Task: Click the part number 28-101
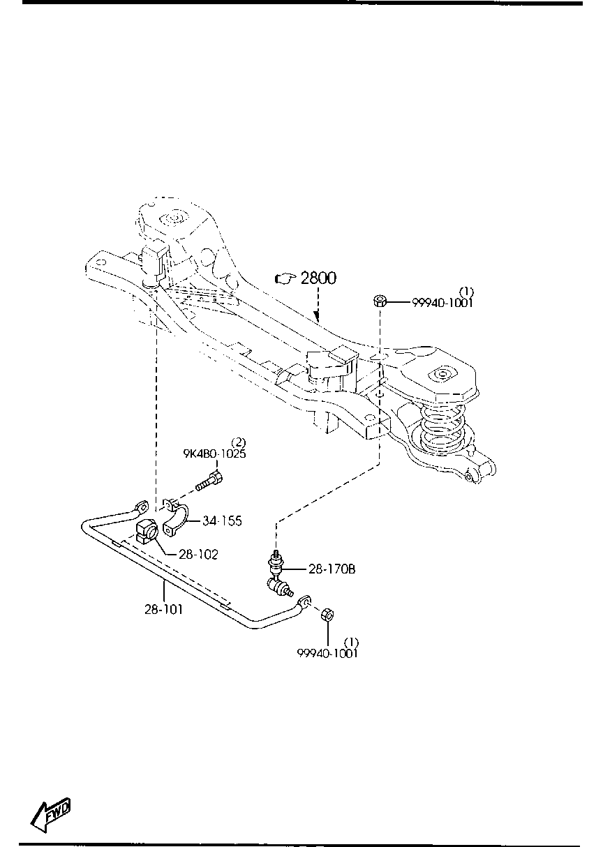tap(163, 609)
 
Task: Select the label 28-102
tap(199, 555)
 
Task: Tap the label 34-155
tap(222, 520)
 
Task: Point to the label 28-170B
tap(332, 569)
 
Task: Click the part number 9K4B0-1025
tap(214, 454)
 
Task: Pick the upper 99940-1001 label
tap(442, 303)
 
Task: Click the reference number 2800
tap(318, 278)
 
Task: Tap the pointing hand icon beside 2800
tap(286, 278)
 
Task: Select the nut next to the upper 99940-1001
tap(380, 301)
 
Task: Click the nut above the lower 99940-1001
tap(327, 615)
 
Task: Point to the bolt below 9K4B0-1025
tap(209, 479)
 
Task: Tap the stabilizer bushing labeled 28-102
tap(146, 531)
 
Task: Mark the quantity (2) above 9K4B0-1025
tap(238, 442)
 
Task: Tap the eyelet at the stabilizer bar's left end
tap(142, 506)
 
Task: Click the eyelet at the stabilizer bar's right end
tap(304, 601)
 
